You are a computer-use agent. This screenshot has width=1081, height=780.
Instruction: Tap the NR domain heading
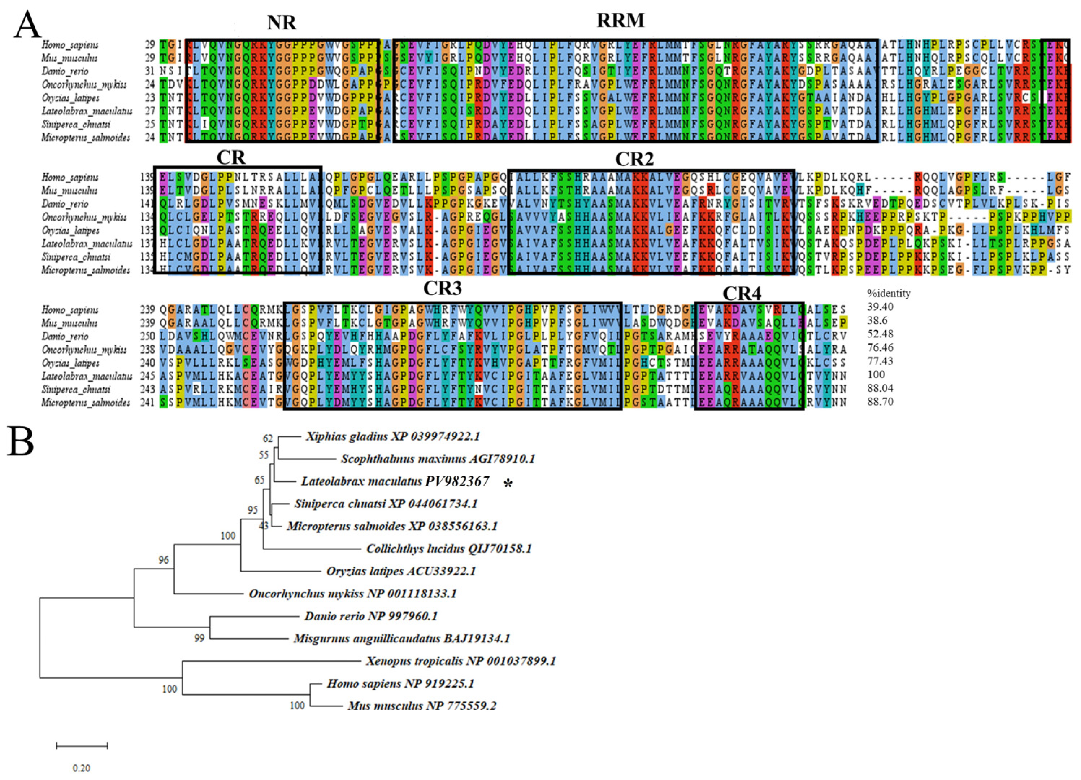point(281,22)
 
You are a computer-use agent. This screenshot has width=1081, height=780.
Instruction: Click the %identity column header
point(888,293)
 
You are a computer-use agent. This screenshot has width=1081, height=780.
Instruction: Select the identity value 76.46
point(880,347)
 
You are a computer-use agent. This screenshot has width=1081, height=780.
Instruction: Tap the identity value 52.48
point(880,334)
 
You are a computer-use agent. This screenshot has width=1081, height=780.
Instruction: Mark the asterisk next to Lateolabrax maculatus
point(509,484)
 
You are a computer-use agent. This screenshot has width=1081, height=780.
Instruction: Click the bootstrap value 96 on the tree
point(164,560)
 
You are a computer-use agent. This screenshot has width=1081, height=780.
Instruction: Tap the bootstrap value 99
point(199,638)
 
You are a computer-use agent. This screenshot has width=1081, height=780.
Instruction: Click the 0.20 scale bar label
point(81,768)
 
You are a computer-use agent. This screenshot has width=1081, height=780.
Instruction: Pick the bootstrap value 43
point(264,526)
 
